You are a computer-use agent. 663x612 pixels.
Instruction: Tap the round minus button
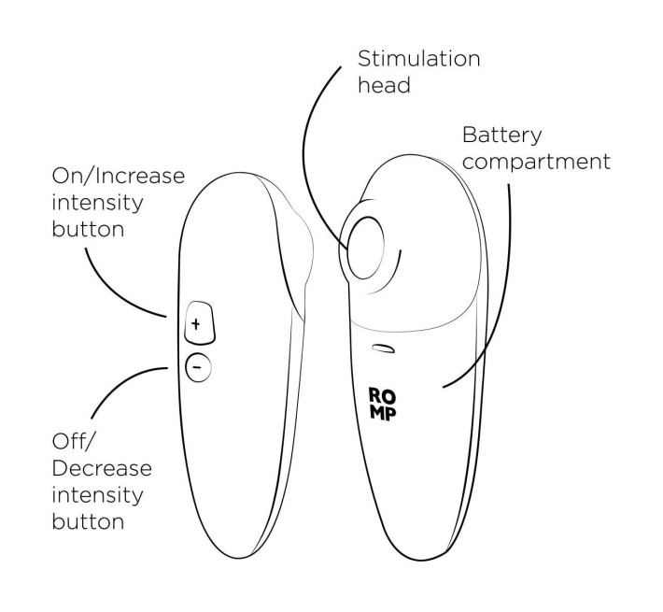pyautogui.click(x=195, y=366)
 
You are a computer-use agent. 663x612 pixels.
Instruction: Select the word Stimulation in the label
pyautogui.click(x=419, y=58)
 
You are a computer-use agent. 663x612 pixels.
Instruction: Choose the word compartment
pyautogui.click(x=537, y=161)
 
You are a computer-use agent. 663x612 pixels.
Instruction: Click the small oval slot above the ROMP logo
pyautogui.click(x=382, y=349)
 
